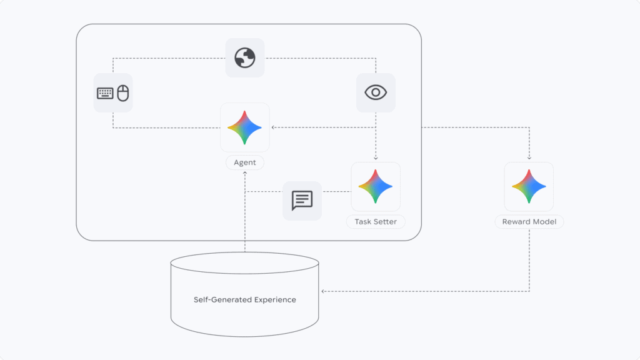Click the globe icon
click(x=245, y=58)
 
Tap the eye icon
click(x=376, y=92)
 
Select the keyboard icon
click(x=105, y=93)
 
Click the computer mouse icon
click(x=123, y=93)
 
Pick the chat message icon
click(x=302, y=201)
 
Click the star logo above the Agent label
click(x=245, y=127)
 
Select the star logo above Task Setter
click(x=376, y=186)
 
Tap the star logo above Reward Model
click(x=529, y=186)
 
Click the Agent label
click(x=245, y=162)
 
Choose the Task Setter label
click(x=376, y=222)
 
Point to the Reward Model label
click(x=529, y=222)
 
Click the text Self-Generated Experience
click(x=245, y=299)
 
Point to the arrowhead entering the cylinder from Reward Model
click(x=322, y=291)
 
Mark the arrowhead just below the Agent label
click(x=245, y=173)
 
